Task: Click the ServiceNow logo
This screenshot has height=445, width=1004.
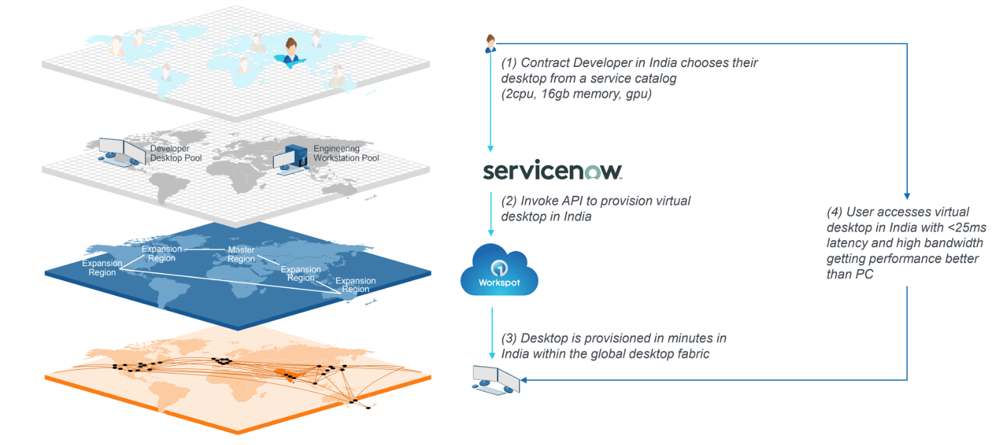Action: (x=552, y=171)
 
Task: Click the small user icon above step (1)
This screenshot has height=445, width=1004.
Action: (x=490, y=44)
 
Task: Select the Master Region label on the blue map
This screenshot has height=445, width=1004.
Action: (x=242, y=254)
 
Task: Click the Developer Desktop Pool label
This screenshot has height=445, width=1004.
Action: (x=176, y=154)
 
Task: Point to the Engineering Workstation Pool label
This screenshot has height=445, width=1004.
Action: (x=346, y=154)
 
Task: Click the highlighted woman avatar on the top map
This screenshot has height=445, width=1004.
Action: (x=291, y=52)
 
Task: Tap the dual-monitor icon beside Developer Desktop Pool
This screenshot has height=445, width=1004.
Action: (x=122, y=152)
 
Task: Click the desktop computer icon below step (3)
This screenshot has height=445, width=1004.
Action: (x=496, y=379)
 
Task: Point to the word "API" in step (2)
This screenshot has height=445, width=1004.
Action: (x=570, y=201)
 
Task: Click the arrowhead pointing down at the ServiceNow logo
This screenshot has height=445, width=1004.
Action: (x=491, y=149)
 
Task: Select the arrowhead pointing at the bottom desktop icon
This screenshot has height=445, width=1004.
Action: (x=523, y=380)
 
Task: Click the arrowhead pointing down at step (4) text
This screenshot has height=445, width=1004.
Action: (x=907, y=196)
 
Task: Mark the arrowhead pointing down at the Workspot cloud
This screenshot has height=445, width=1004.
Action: (x=491, y=233)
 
